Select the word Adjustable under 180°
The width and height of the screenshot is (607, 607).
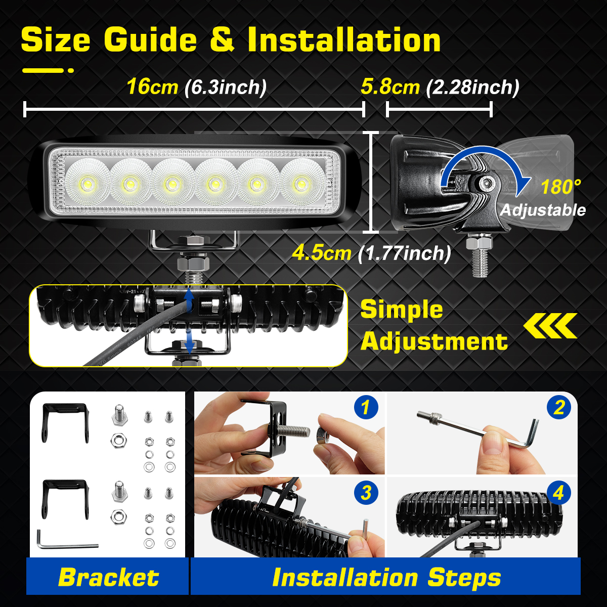(543, 210)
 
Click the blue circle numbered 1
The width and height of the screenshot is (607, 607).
(366, 407)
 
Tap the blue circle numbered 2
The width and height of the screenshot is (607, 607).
(558, 407)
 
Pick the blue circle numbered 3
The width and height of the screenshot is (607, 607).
(366, 493)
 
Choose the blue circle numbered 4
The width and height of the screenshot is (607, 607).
(558, 493)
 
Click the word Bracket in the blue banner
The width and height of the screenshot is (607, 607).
(108, 577)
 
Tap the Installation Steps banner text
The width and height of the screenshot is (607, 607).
(386, 577)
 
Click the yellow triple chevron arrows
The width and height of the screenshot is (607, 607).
(550, 326)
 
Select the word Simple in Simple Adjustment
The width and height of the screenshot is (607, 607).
(401, 310)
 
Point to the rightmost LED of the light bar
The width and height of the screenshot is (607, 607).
(300, 183)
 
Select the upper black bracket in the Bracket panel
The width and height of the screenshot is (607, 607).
(65, 422)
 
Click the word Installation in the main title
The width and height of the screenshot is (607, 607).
(344, 40)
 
